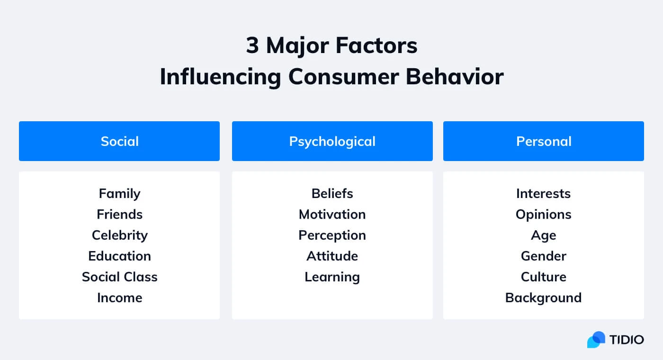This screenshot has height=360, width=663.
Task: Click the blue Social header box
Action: click(x=119, y=141)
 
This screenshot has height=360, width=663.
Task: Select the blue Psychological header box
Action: click(x=332, y=141)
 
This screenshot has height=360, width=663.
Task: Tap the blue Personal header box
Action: click(x=543, y=141)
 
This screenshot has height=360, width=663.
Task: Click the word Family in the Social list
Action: click(x=119, y=194)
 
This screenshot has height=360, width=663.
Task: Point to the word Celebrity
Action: click(x=119, y=235)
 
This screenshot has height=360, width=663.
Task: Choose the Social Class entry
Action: click(x=119, y=277)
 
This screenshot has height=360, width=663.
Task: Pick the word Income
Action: click(x=119, y=298)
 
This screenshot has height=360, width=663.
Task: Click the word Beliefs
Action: click(x=332, y=194)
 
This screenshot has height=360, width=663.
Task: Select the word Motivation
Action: click(x=332, y=215)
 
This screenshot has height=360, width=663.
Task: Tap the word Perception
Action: click(x=332, y=235)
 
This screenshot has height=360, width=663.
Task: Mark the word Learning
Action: click(x=332, y=277)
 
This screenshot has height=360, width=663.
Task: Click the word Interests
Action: click(x=543, y=194)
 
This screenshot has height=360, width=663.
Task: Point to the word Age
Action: click(x=543, y=235)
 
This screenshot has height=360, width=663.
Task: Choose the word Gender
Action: click(x=543, y=256)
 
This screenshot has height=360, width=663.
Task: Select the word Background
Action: click(x=543, y=298)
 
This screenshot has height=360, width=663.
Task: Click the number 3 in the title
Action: click(x=252, y=46)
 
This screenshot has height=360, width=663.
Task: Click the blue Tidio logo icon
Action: click(x=596, y=340)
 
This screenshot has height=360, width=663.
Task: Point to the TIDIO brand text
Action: click(x=627, y=340)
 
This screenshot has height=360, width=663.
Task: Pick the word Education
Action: click(x=119, y=256)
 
